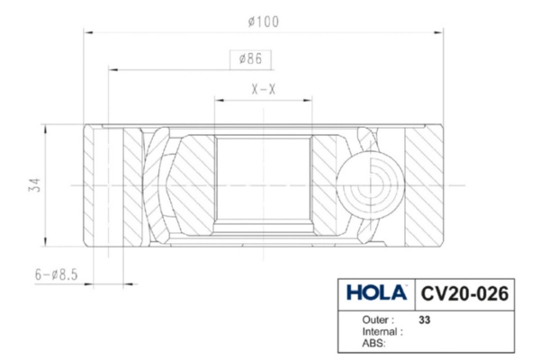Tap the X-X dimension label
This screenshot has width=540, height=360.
263,90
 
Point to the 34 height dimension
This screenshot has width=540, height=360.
34,185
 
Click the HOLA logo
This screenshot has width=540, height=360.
376,293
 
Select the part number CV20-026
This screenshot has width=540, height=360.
464,293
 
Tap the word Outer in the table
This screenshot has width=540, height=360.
377,319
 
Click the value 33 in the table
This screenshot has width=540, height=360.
425,319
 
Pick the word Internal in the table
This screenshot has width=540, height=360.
382,331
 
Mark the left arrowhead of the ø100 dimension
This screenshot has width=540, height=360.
87,32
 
